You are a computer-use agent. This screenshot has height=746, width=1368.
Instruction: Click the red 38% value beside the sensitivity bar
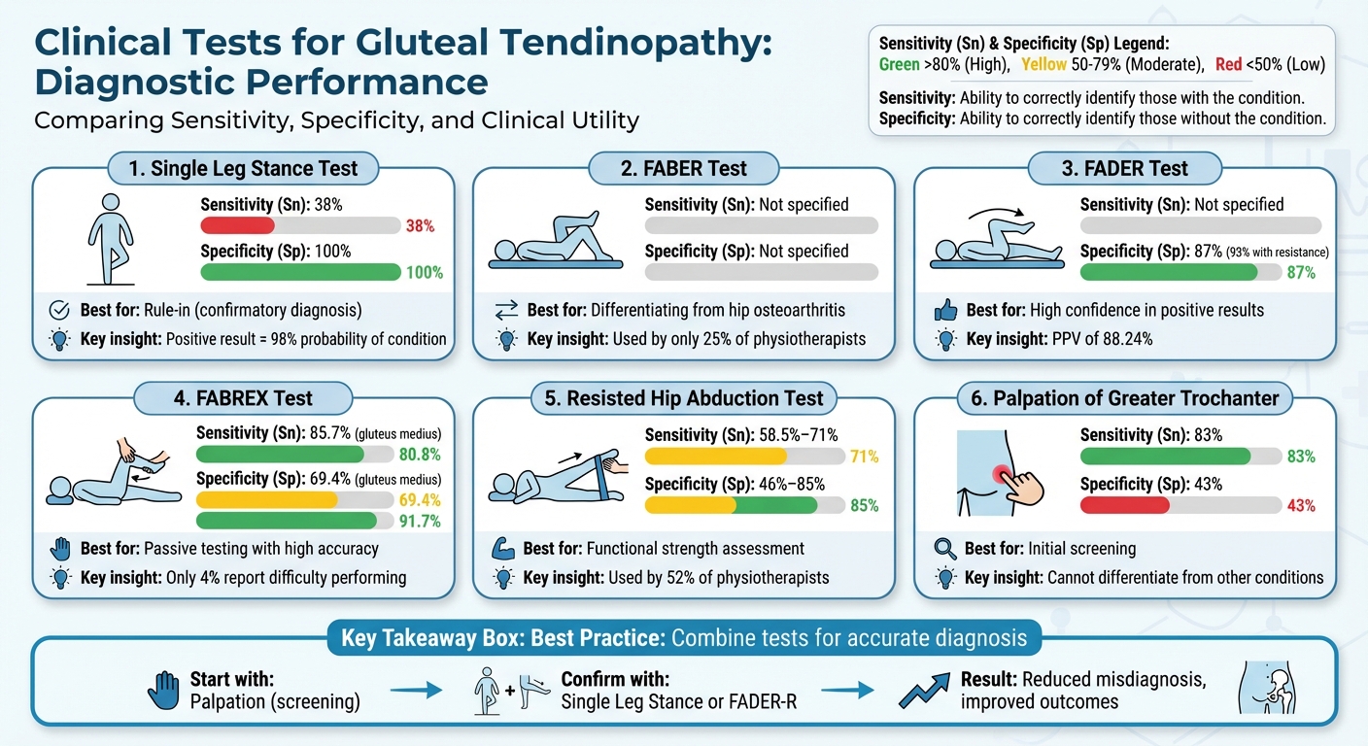point(419,226)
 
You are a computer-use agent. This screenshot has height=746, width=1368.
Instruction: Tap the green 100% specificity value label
point(425,273)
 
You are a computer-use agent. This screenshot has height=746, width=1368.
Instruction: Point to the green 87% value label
point(1300,273)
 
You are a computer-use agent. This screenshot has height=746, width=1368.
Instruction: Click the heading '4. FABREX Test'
point(245,398)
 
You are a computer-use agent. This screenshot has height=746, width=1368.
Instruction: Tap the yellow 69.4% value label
point(420,501)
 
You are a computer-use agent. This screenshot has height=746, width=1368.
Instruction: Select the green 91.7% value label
point(420,522)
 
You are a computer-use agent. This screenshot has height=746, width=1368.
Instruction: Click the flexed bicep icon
point(502,549)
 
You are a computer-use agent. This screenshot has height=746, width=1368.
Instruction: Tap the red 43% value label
point(1300,505)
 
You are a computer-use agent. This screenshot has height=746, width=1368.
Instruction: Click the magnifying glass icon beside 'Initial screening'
point(943,549)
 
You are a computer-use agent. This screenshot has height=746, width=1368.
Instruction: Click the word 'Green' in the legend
point(899,65)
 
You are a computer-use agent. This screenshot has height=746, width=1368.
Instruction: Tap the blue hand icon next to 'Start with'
point(164,691)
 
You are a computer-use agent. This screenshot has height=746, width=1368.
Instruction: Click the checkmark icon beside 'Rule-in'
point(58,311)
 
